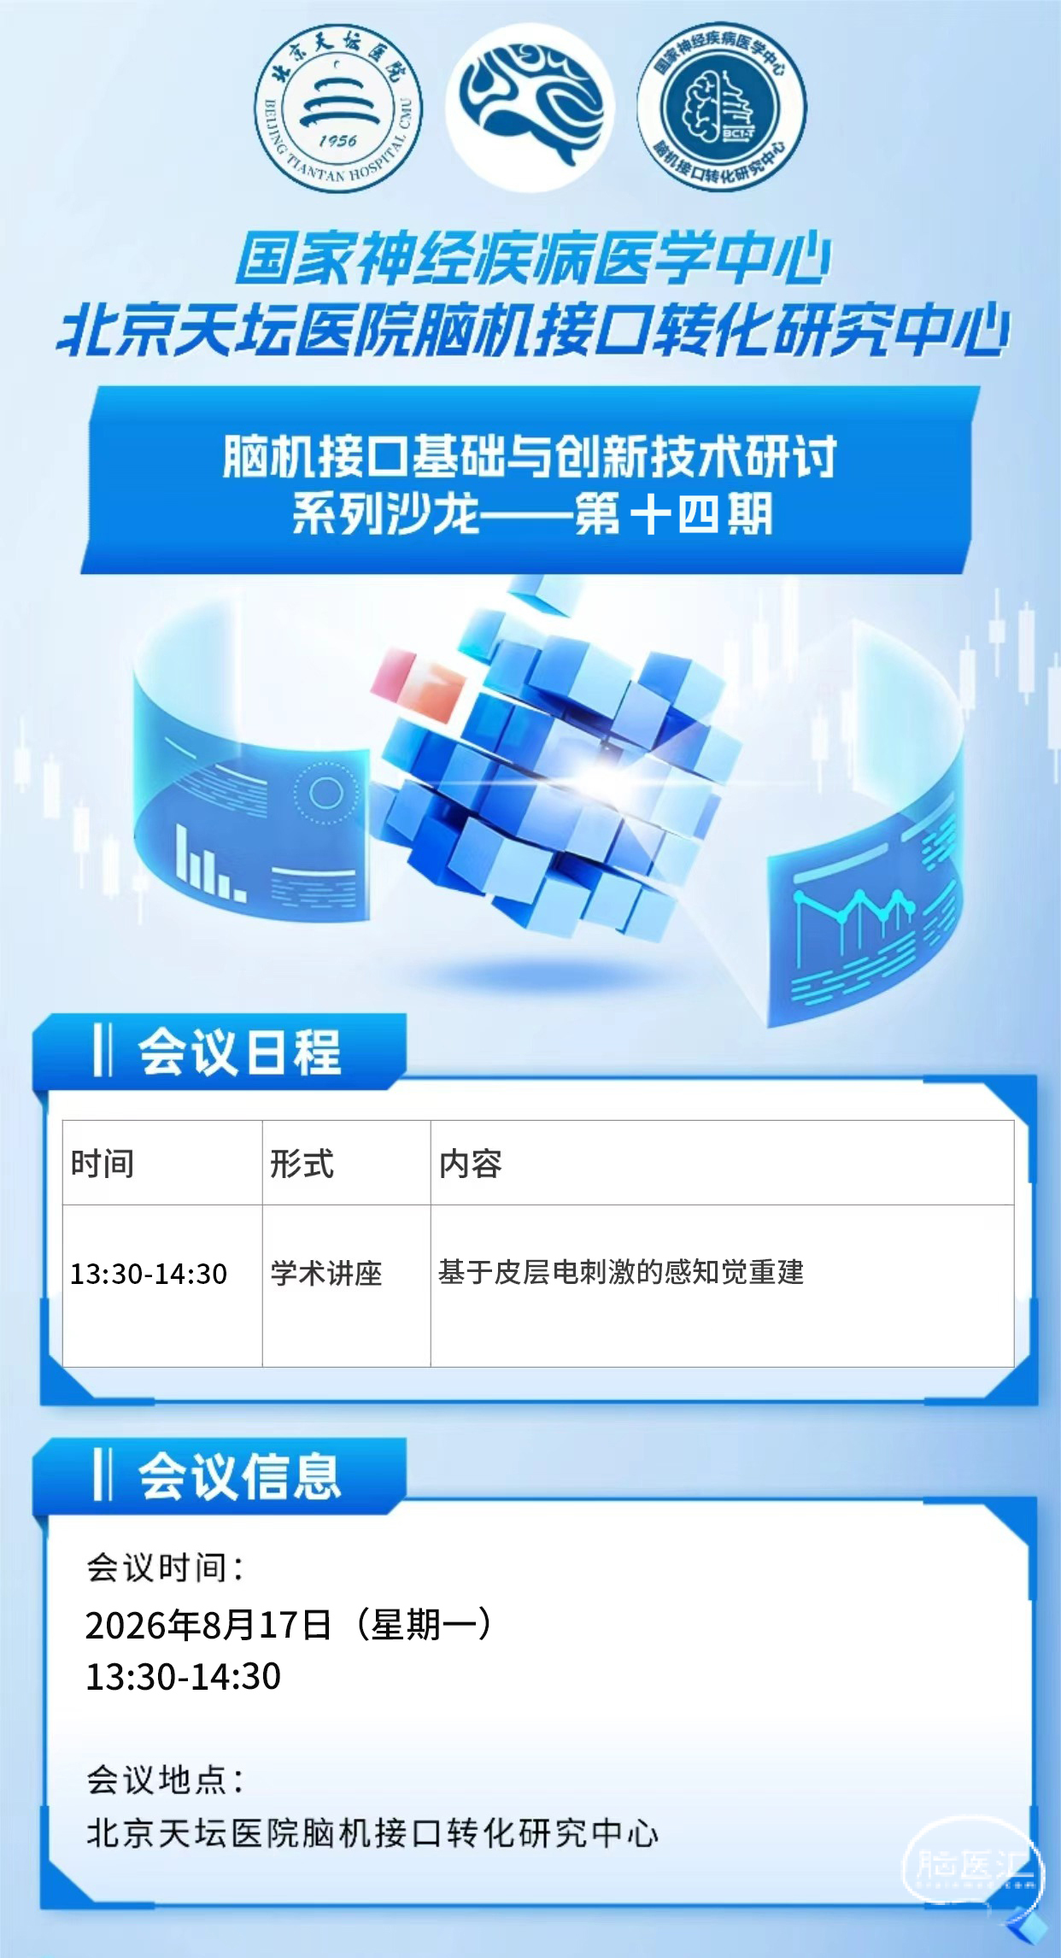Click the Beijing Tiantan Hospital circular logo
coord(338,108)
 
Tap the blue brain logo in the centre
coord(530,106)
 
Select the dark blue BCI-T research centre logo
coord(722,107)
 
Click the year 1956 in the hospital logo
coord(337,140)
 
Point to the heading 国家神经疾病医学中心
coord(533,259)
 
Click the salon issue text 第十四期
coord(674,513)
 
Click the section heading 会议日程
coord(240,1052)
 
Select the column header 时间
coord(103,1164)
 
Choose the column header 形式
coord(302,1164)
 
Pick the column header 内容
coord(471,1164)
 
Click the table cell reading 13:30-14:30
coord(149,1274)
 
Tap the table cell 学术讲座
coord(326,1273)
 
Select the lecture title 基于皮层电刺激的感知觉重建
coord(621,1272)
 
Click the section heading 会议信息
coord(240,1476)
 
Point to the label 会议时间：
coord(165,1568)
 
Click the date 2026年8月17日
coord(208,1624)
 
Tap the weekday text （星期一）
coord(423,1624)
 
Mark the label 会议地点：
coord(165,1780)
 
